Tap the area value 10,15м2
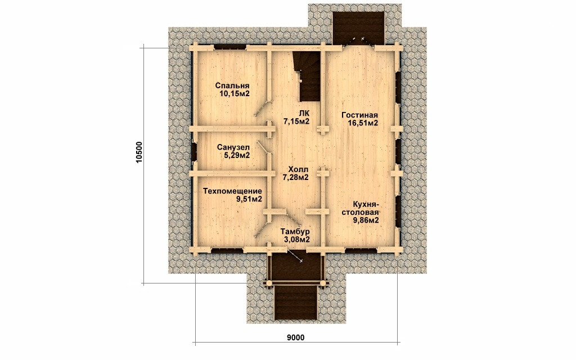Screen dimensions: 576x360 (x=235, y=94)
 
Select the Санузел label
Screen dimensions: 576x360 (x=233, y=147)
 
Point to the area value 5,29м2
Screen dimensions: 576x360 (x=237, y=155)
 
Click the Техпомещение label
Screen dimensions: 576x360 (x=232, y=191)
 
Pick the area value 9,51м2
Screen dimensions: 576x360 (x=249, y=200)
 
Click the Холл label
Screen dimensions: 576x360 (x=298, y=169)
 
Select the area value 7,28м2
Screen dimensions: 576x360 (x=295, y=177)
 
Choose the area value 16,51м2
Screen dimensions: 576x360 (x=363, y=123)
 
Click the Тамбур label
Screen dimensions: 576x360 (x=295, y=232)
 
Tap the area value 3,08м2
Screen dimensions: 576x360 (x=296, y=240)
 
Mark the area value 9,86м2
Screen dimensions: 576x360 (x=366, y=220)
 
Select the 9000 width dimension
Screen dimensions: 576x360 (x=296, y=337)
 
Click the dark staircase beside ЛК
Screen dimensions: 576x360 (x=307, y=76)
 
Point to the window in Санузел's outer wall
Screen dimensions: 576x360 (x=193, y=152)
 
